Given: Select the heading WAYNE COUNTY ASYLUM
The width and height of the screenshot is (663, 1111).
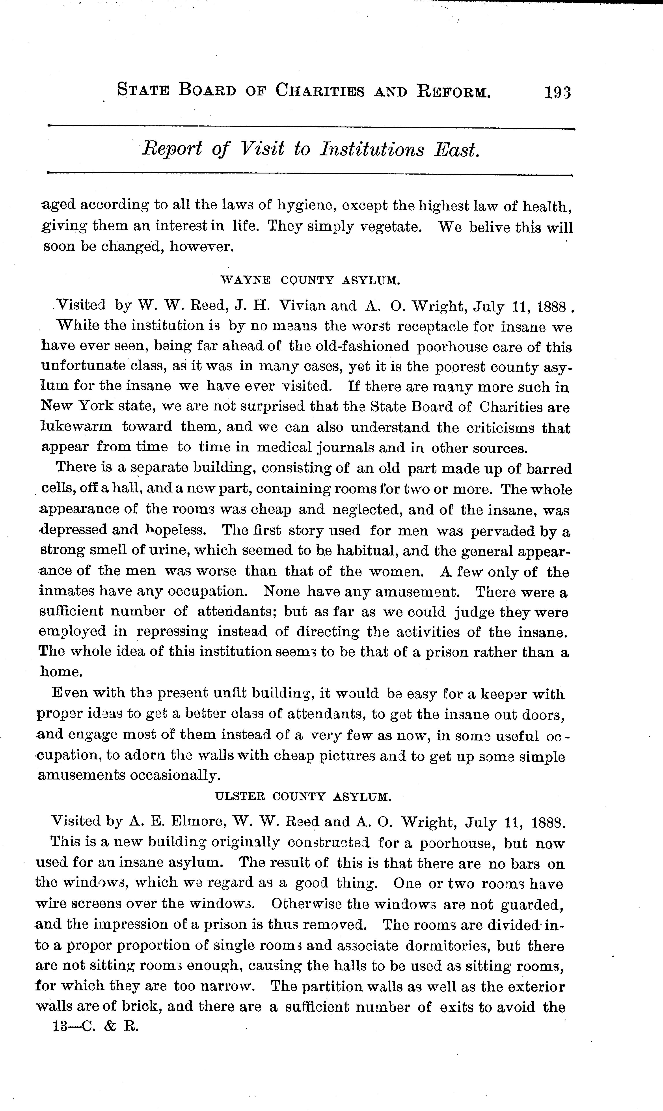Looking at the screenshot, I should coord(311,281).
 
